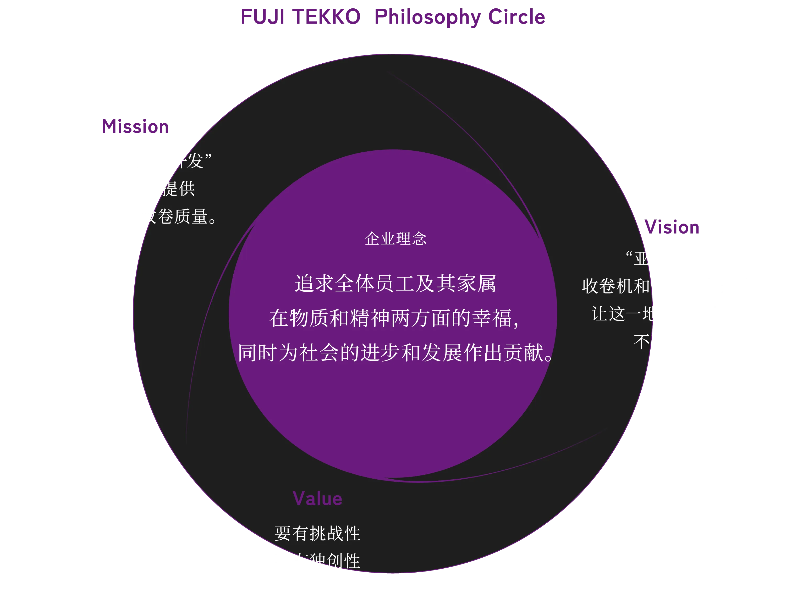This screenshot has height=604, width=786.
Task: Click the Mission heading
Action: coord(136,126)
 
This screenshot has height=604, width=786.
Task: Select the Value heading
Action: coord(317,499)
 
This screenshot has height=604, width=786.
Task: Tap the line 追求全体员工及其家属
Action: coord(395,284)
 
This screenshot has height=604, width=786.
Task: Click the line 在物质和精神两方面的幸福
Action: coord(394,318)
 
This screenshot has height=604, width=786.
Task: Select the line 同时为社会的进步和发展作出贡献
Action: coord(395,352)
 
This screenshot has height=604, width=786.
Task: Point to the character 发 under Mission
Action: coord(195,161)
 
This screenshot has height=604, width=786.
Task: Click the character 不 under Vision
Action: coord(641,341)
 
